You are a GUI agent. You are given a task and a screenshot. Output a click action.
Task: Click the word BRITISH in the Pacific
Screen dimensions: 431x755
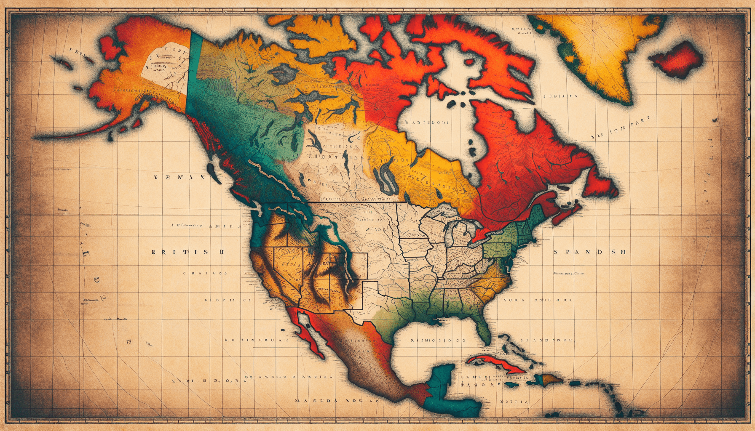coord(187,252)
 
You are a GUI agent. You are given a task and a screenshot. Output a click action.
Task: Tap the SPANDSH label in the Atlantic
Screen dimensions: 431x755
coord(589,252)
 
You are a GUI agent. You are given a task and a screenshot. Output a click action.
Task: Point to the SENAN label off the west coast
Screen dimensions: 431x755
coord(179,178)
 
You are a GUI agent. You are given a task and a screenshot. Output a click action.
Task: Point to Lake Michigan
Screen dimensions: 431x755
coord(452,236)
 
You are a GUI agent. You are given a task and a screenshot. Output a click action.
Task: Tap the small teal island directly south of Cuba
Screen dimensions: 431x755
coord(511,384)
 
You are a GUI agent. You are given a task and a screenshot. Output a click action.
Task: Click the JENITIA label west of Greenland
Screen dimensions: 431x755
coord(560,96)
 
